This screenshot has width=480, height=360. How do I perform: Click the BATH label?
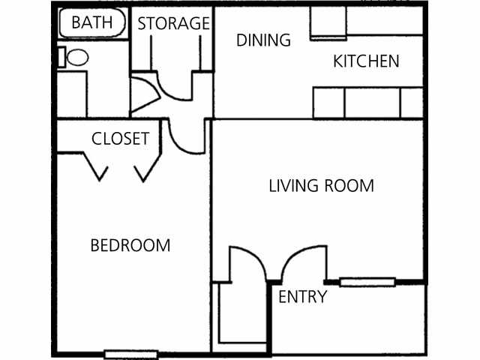pyautogui.click(x=91, y=22)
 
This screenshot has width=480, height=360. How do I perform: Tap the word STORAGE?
pyautogui.click(x=173, y=23)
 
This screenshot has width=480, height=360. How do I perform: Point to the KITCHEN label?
pyautogui.click(x=366, y=61)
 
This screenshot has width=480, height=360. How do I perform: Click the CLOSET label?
pyautogui.click(x=120, y=139)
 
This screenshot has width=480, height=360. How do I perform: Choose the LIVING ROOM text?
pyautogui.click(x=321, y=185)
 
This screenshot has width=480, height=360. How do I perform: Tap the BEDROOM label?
pyautogui.click(x=130, y=245)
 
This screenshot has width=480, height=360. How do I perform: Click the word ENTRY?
pyautogui.click(x=302, y=297)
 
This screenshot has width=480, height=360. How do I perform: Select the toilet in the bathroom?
pyautogui.click(x=74, y=57)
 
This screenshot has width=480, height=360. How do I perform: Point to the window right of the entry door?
pyautogui.click(x=367, y=282)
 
